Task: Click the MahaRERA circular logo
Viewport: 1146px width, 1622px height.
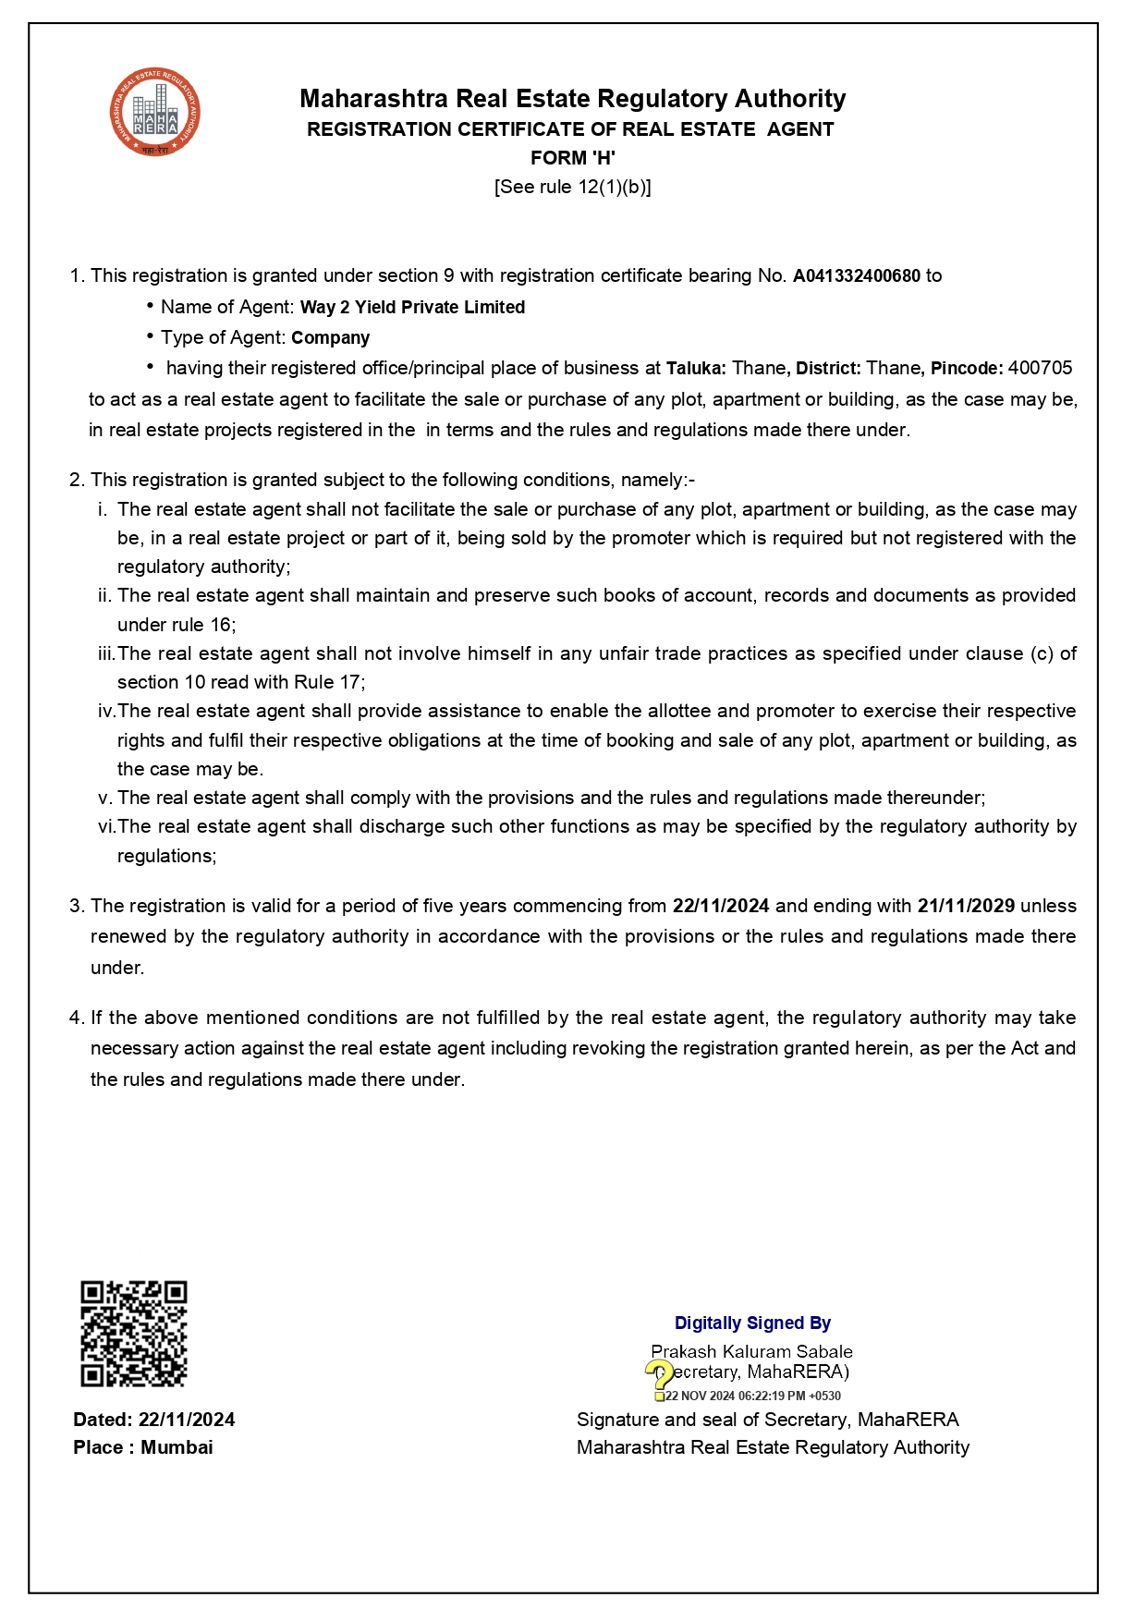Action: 155,113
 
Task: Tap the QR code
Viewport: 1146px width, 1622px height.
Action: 134,1333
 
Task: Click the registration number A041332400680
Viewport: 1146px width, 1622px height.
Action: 856,275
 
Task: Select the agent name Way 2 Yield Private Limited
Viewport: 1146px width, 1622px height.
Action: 412,307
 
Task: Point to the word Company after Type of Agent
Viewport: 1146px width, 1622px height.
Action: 330,337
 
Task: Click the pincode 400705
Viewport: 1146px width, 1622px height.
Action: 1040,368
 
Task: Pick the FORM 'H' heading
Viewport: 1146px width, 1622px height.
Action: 572,158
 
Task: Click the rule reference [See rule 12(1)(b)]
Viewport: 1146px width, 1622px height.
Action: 572,187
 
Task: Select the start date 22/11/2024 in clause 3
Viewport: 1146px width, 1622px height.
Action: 720,906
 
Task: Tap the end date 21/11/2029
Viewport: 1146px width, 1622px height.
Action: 966,906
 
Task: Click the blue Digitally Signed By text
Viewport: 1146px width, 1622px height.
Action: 752,1323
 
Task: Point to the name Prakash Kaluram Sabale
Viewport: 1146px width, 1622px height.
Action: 751,1351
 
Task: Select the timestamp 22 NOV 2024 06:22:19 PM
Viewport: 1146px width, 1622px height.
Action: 753,1396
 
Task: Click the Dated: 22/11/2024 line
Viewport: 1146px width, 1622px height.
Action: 154,1420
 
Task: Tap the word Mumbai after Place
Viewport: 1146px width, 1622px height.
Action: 177,1447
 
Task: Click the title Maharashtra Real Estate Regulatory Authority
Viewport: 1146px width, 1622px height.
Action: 572,99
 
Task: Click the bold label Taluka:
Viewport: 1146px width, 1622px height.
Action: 697,368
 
